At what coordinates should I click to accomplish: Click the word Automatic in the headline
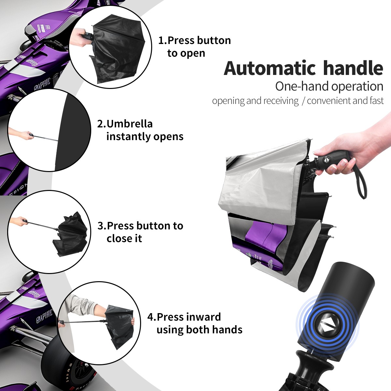[270, 68]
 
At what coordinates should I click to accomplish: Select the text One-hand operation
[329, 86]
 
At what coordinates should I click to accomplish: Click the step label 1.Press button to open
[195, 47]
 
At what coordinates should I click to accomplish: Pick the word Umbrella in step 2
[130, 124]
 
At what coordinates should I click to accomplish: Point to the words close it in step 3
[124, 238]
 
